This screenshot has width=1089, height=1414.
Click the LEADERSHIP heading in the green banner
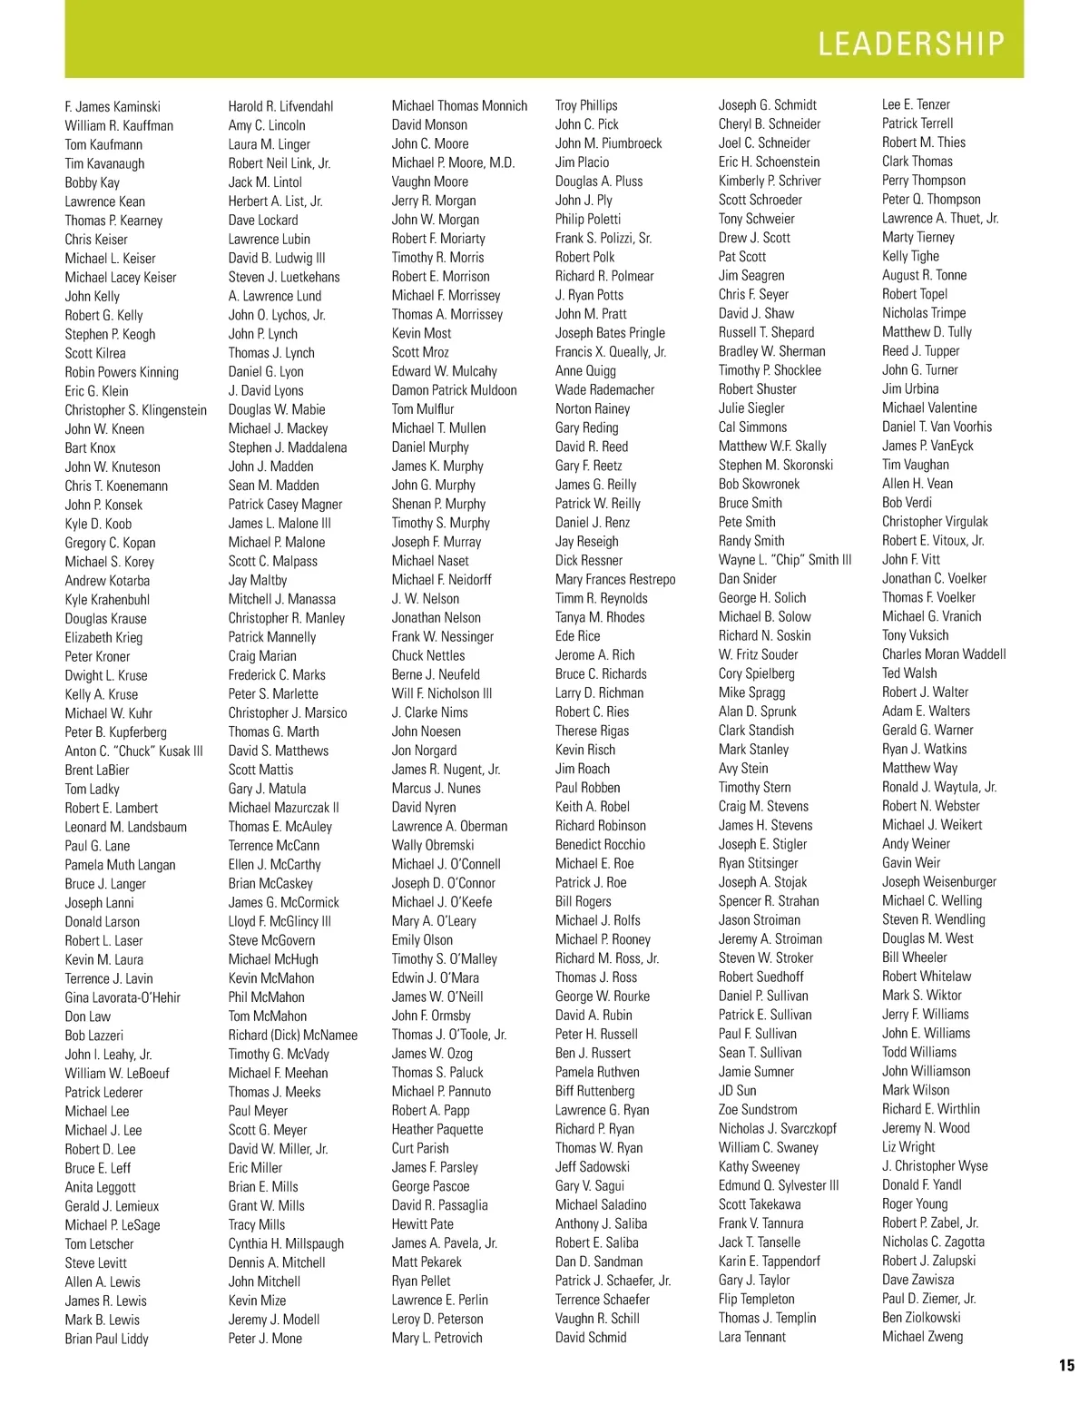(x=911, y=44)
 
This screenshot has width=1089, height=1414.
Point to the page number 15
(x=1065, y=1365)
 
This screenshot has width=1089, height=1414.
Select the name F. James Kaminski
(x=113, y=106)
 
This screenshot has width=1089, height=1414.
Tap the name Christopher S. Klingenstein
(x=135, y=410)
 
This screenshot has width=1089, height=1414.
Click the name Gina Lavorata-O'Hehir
(x=123, y=997)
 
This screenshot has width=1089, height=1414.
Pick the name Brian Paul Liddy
(x=106, y=1339)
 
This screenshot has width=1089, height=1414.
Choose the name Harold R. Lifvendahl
(x=280, y=106)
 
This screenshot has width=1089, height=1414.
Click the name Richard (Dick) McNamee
(x=292, y=1035)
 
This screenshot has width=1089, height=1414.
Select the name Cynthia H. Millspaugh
(x=286, y=1243)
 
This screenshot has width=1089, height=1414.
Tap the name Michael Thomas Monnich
(x=459, y=105)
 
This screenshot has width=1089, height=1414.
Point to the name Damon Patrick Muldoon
(x=454, y=390)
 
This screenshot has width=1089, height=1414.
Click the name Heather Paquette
(x=437, y=1129)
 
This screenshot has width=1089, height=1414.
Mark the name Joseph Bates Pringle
(x=610, y=333)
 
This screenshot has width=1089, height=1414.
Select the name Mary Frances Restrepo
(x=615, y=579)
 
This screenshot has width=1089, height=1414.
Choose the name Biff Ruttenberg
(x=594, y=1091)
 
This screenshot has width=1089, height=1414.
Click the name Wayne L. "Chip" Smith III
(x=785, y=559)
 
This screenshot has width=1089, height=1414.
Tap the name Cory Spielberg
(x=756, y=673)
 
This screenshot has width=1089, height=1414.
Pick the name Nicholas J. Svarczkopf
(x=777, y=1128)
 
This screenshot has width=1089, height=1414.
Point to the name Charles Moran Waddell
(x=944, y=653)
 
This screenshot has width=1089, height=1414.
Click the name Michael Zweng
(x=922, y=1336)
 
